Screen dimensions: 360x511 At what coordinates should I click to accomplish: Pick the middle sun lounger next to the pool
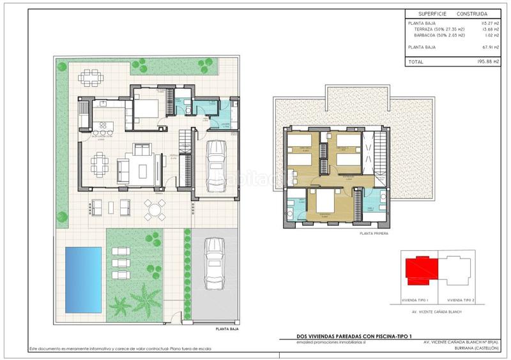click(x=119, y=262)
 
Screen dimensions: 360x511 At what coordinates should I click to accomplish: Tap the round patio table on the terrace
click(x=154, y=208)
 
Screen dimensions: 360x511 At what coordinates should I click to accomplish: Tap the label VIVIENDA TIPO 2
click(x=461, y=300)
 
